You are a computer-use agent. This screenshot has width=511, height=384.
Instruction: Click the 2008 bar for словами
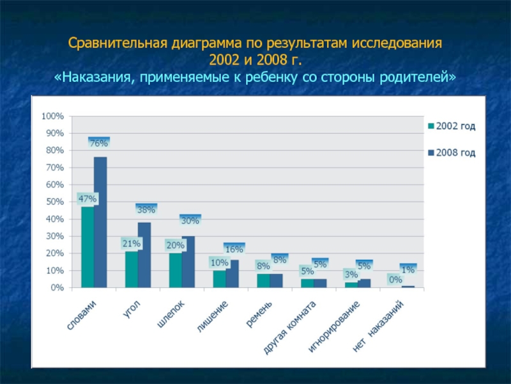pos(100,222)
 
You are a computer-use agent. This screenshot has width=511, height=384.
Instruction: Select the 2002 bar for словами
pos(88,247)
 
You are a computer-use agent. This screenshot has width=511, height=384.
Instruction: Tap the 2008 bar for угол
pos(144,255)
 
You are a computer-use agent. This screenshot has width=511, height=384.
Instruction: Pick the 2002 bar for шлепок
pos(175,271)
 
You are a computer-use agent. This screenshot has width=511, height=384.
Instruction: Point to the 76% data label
pos(98,143)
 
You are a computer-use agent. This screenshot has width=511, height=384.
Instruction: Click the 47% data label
pos(87,199)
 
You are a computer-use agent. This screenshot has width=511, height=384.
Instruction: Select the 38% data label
pos(146,209)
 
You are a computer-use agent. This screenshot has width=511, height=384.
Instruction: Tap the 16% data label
pos(234,249)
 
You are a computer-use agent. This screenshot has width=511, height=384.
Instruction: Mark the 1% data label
pos(408,270)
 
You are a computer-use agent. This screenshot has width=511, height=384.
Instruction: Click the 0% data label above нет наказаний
pos(395,280)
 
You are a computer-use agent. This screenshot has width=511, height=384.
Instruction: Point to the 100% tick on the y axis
pos(52,116)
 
